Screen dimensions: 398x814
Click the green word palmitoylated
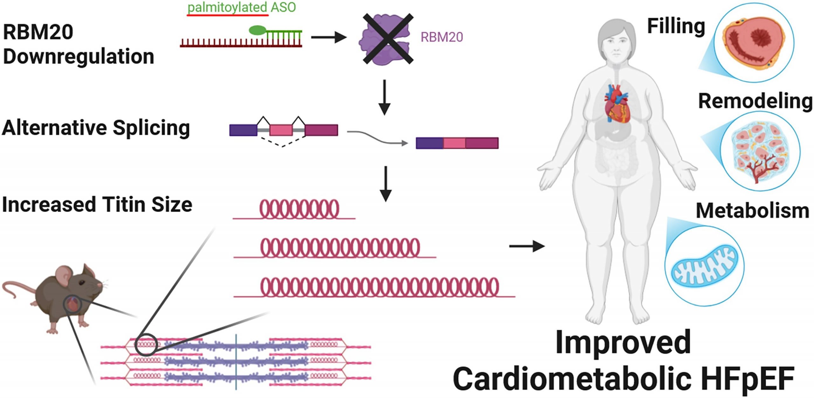227,7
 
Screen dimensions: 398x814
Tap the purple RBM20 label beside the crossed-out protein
441,37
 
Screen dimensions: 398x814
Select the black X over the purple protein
388,39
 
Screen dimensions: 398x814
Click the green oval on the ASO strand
257,30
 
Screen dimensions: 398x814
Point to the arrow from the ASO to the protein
328,37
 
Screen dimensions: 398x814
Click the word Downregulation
79,57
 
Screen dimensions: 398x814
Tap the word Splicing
151,128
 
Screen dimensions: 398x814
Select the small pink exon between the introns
281,130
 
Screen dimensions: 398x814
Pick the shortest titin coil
299,209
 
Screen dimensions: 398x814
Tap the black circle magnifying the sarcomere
146,344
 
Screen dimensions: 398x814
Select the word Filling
676,26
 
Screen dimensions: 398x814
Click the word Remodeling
755,101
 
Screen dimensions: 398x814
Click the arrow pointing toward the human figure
527,246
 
